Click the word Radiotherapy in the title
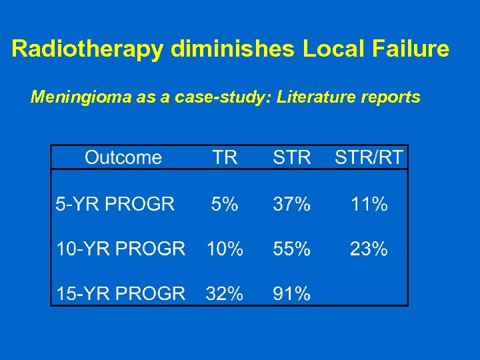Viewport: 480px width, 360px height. pyautogui.click(x=87, y=49)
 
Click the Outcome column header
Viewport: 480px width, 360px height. pyautogui.click(x=123, y=157)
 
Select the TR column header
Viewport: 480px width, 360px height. pyautogui.click(x=225, y=157)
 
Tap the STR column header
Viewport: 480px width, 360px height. pyautogui.click(x=291, y=157)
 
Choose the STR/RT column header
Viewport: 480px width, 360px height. pyautogui.click(x=369, y=157)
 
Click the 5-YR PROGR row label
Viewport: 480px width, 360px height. pyautogui.click(x=115, y=204)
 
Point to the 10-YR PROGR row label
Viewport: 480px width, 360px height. pyautogui.click(x=121, y=249)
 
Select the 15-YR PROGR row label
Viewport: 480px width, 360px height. pyautogui.click(x=121, y=293)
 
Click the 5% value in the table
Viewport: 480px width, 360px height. pyautogui.click(x=225, y=204)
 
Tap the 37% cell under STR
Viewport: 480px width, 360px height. pyautogui.click(x=291, y=204)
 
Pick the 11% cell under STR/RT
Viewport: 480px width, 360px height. pyautogui.click(x=369, y=204)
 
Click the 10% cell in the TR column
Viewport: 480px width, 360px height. pyautogui.click(x=225, y=249)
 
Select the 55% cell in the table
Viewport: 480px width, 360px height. pyautogui.click(x=291, y=249)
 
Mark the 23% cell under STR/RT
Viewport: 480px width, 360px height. pyautogui.click(x=369, y=249)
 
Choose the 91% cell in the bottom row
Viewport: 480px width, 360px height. pyautogui.click(x=291, y=293)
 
